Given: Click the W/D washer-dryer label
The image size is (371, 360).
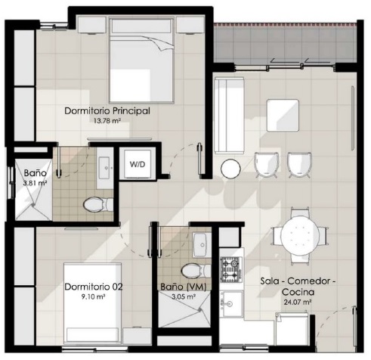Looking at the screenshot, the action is pyautogui.click(x=138, y=164).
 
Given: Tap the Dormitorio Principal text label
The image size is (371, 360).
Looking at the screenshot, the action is pyautogui.click(x=107, y=111).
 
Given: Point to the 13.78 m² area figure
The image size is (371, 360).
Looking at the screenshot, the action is pyautogui.click(x=107, y=121).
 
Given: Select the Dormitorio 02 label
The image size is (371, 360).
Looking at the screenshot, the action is pyautogui.click(x=94, y=287).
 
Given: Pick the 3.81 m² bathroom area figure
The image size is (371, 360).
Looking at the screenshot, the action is pyautogui.click(x=35, y=183).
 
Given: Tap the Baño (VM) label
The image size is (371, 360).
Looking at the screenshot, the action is pyautogui.click(x=184, y=287).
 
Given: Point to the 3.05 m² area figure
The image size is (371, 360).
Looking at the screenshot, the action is pyautogui.click(x=184, y=296).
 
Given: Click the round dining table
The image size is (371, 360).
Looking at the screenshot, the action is pyautogui.click(x=300, y=236).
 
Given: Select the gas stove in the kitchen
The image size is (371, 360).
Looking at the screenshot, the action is pyautogui.click(x=231, y=269).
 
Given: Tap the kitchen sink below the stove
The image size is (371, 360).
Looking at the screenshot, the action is pyautogui.click(x=231, y=303).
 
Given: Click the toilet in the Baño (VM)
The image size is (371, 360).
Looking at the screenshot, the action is pyautogui.click(x=196, y=271).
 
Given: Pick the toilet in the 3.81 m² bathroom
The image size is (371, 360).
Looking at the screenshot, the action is pyautogui.click(x=98, y=204).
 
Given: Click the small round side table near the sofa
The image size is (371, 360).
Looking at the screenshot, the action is pyautogui.click(x=230, y=169).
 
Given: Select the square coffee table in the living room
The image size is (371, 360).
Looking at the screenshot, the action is pyautogui.click(x=283, y=116).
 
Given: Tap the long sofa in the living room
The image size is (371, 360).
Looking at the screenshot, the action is pyautogui.click(x=229, y=116).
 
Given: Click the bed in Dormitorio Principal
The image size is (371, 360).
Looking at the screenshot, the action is pyautogui.click(x=142, y=60).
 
